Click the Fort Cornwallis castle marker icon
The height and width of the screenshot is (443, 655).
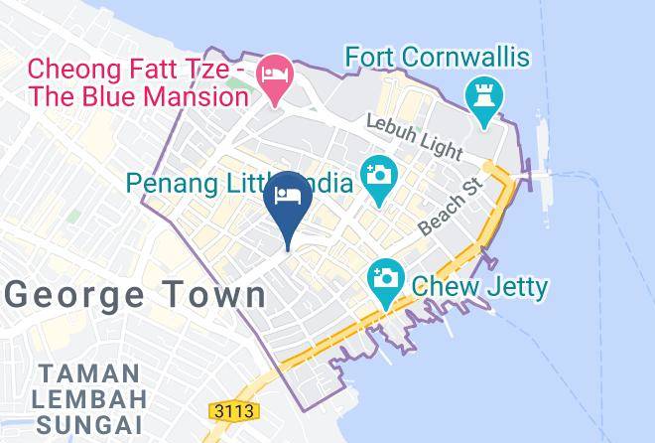click(x=485, y=98)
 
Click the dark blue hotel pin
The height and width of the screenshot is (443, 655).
click(x=288, y=196)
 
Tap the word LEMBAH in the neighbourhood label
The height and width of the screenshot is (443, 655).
click(x=87, y=400)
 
